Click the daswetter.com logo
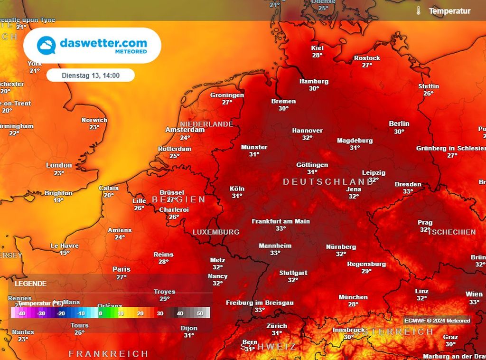pyautogui.click(x=92, y=46)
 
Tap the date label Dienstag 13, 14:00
pyautogui.click(x=90, y=75)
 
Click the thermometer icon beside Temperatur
pyautogui.click(x=419, y=10)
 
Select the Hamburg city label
pyautogui.click(x=314, y=81)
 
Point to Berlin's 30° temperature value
pyautogui.click(x=399, y=132)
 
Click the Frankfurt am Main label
pyautogui.click(x=280, y=221)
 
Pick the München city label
pyautogui.click(x=353, y=297)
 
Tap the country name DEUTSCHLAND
pyautogui.click(x=328, y=182)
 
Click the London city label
pyautogui.click(x=59, y=165)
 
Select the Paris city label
pyautogui.click(x=121, y=269)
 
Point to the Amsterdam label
pyautogui.click(x=185, y=130)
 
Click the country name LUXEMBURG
pyautogui.click(x=216, y=232)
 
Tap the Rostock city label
pyautogui.click(x=367, y=58)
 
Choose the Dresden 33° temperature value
pyautogui.click(x=408, y=191)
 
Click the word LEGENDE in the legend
pyautogui.click(x=31, y=284)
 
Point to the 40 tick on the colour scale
pyautogui.click(x=180, y=313)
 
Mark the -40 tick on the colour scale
pyautogui.click(x=21, y=313)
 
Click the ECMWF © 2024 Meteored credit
pyautogui.click(x=437, y=321)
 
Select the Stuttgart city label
pyautogui.click(x=293, y=273)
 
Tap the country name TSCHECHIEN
pyautogui.click(x=451, y=232)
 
